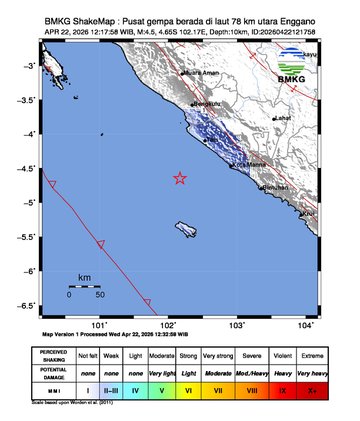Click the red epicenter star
click(180, 178)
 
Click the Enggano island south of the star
click(187, 229)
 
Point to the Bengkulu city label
click(206, 102)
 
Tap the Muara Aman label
click(200, 72)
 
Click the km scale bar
click(85, 287)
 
